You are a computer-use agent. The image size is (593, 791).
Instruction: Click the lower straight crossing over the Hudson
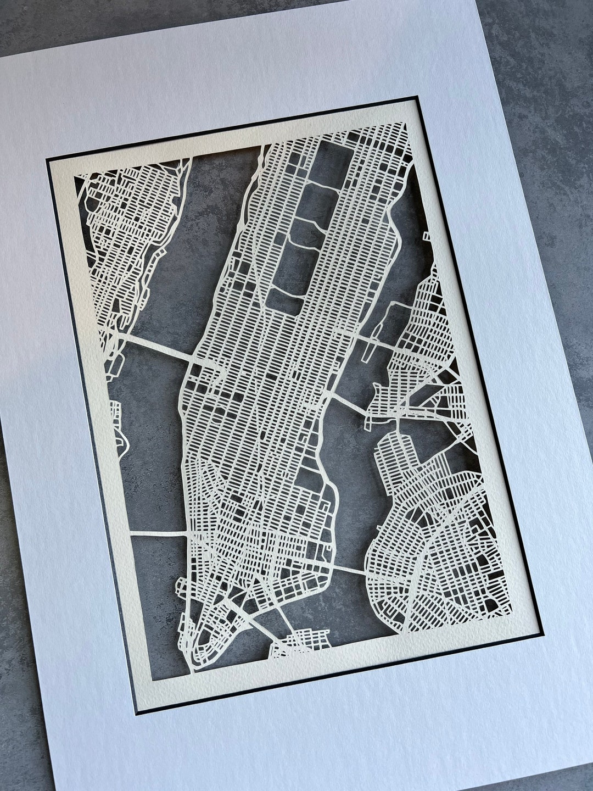(x=159, y=532)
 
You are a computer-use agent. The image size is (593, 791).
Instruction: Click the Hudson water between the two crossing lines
(x=148, y=439)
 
